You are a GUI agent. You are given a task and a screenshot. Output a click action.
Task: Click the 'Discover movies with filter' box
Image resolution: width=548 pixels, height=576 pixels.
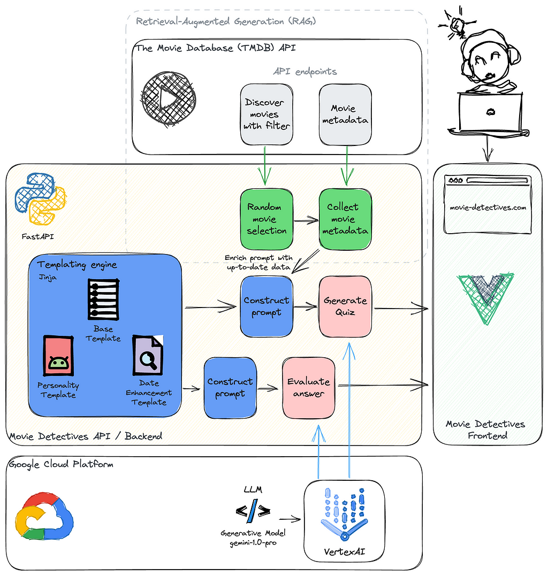pos(267,114)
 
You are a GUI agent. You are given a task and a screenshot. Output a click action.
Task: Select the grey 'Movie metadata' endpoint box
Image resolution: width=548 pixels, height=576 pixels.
pos(345,114)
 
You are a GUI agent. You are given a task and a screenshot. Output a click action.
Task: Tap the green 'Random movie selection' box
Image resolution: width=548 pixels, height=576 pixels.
pos(267,219)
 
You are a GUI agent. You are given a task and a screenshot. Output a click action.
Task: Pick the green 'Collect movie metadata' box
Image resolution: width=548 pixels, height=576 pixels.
pos(345,219)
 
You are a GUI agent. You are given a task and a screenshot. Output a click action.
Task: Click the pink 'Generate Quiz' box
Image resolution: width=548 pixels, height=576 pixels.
pos(345,307)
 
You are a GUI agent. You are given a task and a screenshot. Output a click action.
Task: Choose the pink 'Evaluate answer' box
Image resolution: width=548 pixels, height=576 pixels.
pos(308,388)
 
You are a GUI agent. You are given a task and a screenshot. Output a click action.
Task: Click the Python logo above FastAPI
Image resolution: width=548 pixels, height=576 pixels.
pos(41,198)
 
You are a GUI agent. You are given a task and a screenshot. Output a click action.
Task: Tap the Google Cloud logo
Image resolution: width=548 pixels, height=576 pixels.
pos(44,516)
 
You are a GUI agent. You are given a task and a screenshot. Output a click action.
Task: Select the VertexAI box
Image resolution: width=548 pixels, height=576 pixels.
pos(344,521)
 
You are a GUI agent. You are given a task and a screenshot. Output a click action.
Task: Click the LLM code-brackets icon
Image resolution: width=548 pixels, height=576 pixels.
pos(253,511)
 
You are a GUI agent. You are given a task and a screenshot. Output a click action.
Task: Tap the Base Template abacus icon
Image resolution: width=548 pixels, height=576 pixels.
pos(103,299)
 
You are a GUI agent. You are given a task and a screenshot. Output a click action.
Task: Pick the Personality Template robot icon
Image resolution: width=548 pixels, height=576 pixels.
pos(58,356)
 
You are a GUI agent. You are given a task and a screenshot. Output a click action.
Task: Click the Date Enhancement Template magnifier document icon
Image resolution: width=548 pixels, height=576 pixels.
pos(148,355)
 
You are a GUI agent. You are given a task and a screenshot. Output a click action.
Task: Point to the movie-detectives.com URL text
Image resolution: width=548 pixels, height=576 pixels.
pos(488,208)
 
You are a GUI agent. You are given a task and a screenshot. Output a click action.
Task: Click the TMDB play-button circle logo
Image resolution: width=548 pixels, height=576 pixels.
pos(169,98)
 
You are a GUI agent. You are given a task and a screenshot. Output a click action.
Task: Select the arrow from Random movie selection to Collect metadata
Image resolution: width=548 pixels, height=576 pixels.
pos(306,220)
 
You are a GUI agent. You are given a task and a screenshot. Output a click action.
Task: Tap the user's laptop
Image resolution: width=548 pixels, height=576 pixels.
pos(490,114)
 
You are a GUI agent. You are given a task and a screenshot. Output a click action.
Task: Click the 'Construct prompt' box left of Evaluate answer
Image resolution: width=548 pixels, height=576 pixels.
pos(230,388)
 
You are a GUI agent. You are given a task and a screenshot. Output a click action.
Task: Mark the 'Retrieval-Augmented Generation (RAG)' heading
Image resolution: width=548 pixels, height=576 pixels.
pos(226,22)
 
